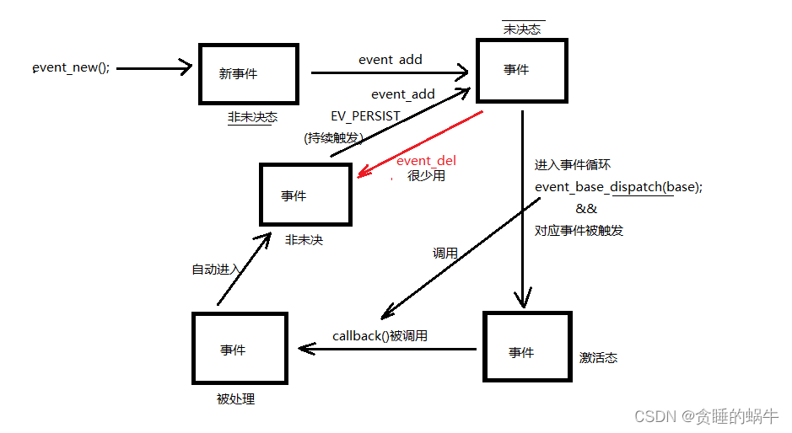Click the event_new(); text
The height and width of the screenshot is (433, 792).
pos(71,68)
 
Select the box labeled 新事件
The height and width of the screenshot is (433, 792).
pos(248,74)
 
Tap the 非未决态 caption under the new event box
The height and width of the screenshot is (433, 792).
pos(252,118)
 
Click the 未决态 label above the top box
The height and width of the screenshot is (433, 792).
pos(523,29)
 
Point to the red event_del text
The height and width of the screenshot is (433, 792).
pos(426,161)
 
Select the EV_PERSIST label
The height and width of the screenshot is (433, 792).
pos(366,115)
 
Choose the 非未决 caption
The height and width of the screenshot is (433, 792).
pos(304,240)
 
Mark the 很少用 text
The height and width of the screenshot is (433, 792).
pos(426,176)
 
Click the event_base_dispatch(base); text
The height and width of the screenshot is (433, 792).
pos(618,187)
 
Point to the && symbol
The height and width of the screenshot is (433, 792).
pos(586,209)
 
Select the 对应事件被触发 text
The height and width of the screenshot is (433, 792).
pos(579,230)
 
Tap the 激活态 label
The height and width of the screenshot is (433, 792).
pos(598,358)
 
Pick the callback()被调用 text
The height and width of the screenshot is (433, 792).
pos(380,335)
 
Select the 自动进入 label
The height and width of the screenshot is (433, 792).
pos(216,270)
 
